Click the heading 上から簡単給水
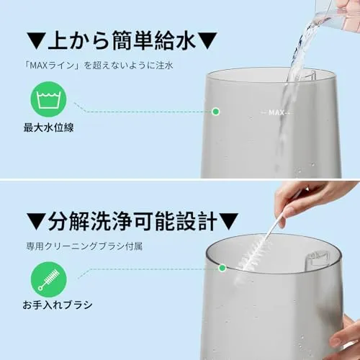coord(121,41)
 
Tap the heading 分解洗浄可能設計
coord(132,221)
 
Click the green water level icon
coord(48,99)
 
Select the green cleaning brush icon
coord(49,280)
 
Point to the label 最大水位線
coord(48,127)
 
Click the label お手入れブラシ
coord(58,305)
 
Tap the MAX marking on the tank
coord(276,112)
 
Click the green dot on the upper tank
coord(216,112)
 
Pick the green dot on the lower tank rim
coord(222,268)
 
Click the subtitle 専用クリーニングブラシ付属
coord(84,246)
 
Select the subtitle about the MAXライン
coord(99,66)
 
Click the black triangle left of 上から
coord(36,41)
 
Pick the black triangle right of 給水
coord(208,41)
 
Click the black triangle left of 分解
coord(36,222)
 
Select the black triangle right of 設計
coord(229,222)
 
